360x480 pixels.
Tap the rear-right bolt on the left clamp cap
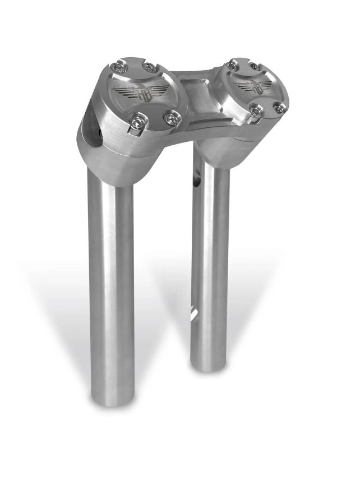[x=149, y=68]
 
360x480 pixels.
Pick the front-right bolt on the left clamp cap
[x=171, y=118]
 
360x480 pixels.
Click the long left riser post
[x=112, y=280]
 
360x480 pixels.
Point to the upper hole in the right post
[x=197, y=181]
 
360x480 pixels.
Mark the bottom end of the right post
[x=211, y=364]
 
